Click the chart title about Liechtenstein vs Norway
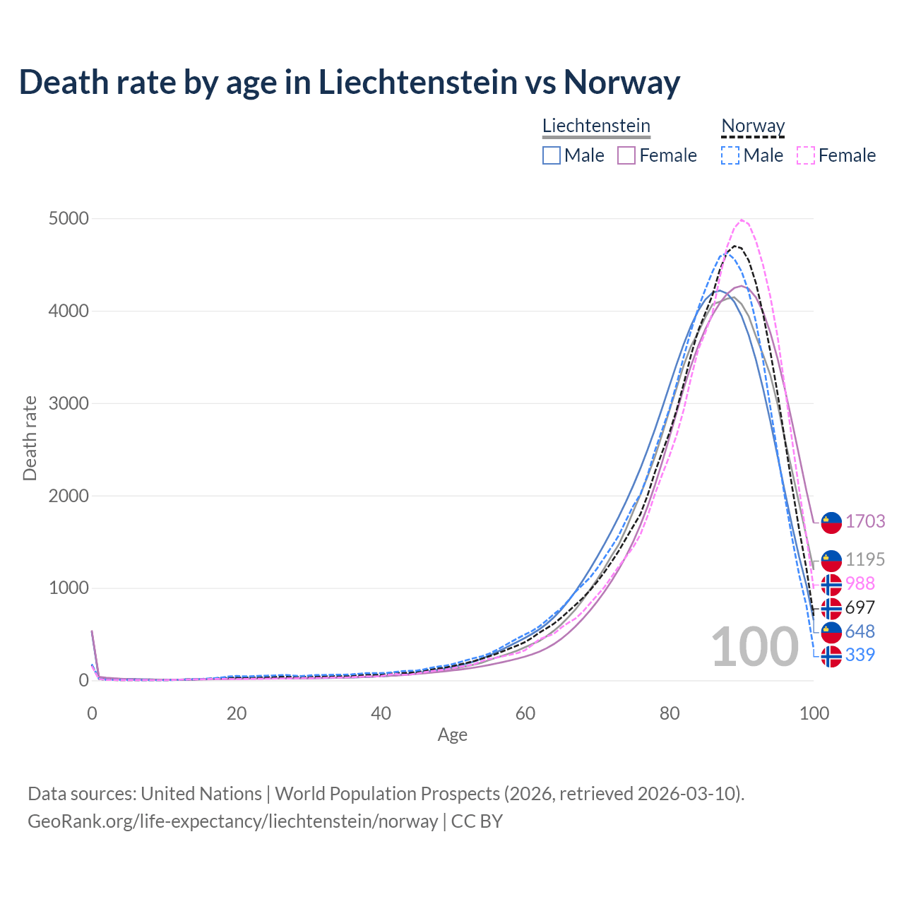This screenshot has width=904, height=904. pyautogui.click(x=350, y=82)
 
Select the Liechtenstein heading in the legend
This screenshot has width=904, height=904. pyautogui.click(x=596, y=126)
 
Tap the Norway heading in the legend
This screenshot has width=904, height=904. pyautogui.click(x=753, y=126)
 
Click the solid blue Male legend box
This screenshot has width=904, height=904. pyautogui.click(x=552, y=155)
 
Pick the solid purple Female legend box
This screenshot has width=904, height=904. pyautogui.click(x=626, y=155)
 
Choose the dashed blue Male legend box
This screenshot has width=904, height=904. pyautogui.click(x=730, y=155)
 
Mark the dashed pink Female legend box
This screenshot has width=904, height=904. pyautogui.click(x=806, y=155)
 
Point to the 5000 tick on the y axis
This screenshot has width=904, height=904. pyautogui.click(x=69, y=219)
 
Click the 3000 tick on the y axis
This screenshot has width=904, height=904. pyautogui.click(x=69, y=403)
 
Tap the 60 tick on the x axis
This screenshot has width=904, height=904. pyautogui.click(x=525, y=713)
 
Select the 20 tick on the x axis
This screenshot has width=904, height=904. pyautogui.click(x=237, y=713)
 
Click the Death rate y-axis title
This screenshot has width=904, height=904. pyautogui.click(x=30, y=438)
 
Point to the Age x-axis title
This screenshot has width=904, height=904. pyautogui.click(x=452, y=735)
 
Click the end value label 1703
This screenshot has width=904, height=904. pyautogui.click(x=865, y=521)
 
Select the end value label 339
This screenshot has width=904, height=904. pyautogui.click(x=860, y=655)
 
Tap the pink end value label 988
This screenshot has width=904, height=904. pyautogui.click(x=860, y=583)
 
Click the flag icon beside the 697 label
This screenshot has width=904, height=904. pyautogui.click(x=831, y=608)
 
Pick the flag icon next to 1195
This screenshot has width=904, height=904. pyautogui.click(x=831, y=560)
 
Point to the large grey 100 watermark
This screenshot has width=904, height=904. pyautogui.click(x=754, y=647)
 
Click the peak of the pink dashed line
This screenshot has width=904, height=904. pyautogui.click(x=742, y=220)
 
